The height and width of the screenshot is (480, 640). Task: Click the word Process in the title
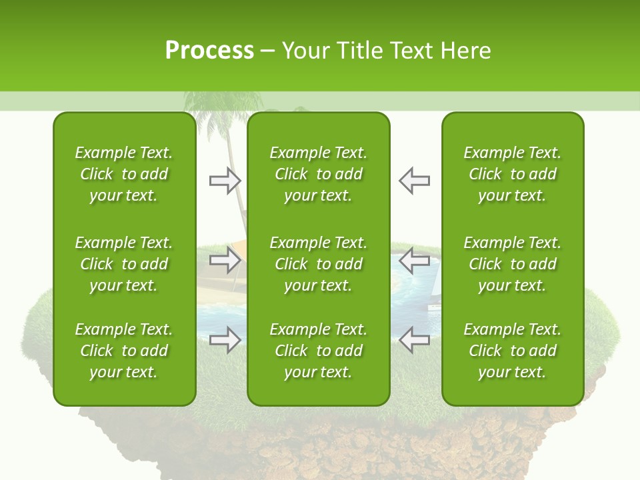(209, 51)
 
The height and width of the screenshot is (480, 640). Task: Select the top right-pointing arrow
(225, 181)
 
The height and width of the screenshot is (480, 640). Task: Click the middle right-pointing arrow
(225, 260)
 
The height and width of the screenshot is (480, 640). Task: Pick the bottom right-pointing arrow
(225, 340)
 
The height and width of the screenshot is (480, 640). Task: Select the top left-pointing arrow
(414, 181)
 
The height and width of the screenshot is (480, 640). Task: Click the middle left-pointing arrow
(414, 260)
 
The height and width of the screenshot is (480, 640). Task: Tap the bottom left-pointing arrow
(414, 340)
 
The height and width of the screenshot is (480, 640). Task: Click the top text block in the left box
(124, 174)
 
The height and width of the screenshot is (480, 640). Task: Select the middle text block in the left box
(124, 264)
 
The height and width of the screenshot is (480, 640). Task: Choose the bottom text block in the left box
(124, 351)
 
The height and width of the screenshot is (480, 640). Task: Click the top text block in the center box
(318, 174)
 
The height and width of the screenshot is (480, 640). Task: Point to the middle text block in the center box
(318, 264)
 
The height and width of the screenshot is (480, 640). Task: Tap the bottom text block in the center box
(318, 351)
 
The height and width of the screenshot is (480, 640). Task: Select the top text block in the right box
(512, 174)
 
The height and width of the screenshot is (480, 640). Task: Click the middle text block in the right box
(512, 264)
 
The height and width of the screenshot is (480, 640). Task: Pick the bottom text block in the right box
(512, 351)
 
